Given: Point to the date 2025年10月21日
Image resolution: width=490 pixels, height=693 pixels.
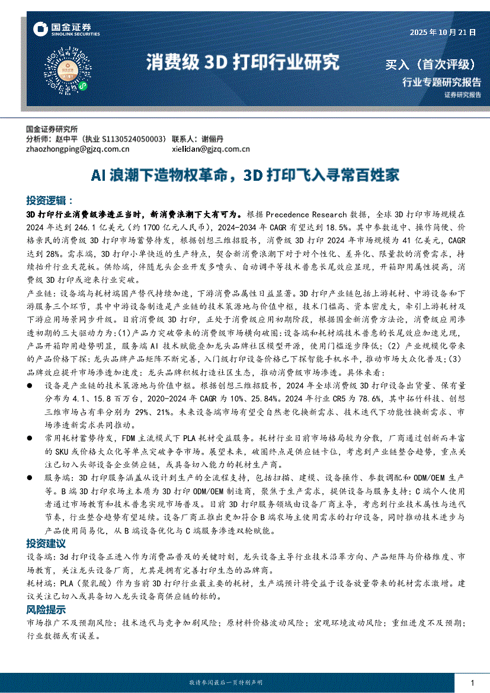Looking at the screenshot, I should click(x=443, y=33).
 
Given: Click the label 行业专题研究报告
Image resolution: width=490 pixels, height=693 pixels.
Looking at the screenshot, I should click(x=441, y=82).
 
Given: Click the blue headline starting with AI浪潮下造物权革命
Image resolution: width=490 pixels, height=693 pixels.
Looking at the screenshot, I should click(x=245, y=175).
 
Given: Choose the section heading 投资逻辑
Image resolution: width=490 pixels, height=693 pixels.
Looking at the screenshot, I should click(x=50, y=200).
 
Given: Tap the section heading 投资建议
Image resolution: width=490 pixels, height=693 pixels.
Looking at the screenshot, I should click(x=46, y=543).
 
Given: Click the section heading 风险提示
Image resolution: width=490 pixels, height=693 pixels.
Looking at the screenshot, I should click(x=46, y=609).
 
